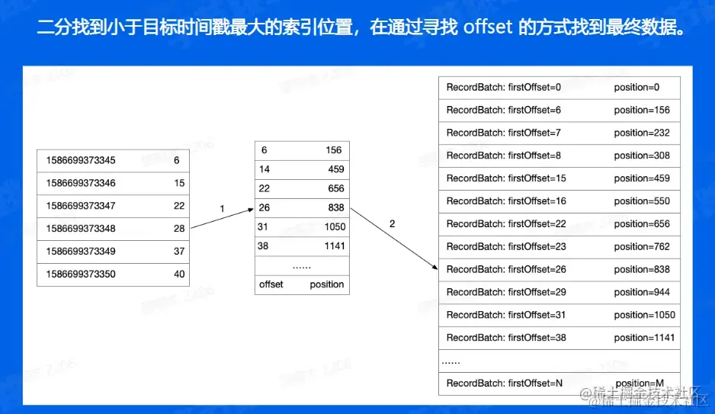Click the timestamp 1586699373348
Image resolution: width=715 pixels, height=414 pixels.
click(x=81, y=229)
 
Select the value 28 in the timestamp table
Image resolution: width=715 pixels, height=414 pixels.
click(x=179, y=229)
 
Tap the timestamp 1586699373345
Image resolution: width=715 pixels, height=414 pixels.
click(x=81, y=161)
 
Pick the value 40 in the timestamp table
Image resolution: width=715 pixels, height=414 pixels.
click(x=179, y=274)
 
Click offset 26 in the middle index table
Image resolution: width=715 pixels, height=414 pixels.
click(x=265, y=207)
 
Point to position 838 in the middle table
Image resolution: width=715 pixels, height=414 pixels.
click(x=335, y=207)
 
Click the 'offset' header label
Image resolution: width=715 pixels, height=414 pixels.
click(x=271, y=284)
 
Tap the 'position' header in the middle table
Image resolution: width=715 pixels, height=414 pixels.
click(x=326, y=284)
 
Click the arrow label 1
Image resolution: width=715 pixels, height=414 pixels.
click(x=222, y=208)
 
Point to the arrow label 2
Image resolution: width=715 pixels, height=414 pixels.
click(x=392, y=224)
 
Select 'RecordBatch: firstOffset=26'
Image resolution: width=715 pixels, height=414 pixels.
click(x=506, y=269)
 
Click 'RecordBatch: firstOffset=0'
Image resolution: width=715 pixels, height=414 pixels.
click(x=503, y=87)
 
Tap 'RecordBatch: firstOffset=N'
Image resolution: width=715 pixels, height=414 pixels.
click(x=505, y=383)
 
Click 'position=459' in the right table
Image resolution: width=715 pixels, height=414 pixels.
click(x=642, y=178)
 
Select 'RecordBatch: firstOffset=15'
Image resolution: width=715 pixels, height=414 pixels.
click(x=506, y=178)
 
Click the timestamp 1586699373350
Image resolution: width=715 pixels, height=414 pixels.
click(x=81, y=274)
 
